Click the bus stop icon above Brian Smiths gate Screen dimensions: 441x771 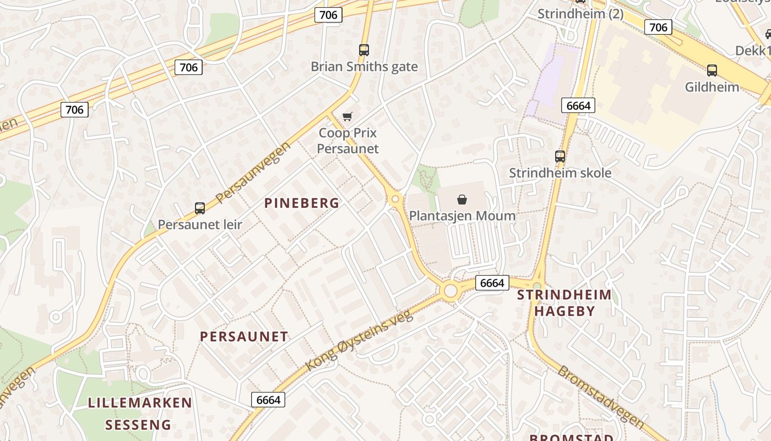[363, 50]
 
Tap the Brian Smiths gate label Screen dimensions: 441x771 [364, 67]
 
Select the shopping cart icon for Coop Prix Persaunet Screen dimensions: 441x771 [347, 116]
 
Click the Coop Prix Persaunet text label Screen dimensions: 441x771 [348, 141]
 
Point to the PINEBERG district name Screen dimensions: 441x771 [302, 203]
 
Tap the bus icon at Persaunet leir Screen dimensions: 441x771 [200, 208]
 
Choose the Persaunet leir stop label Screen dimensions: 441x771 [200, 224]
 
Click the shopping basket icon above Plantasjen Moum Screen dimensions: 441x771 [462, 200]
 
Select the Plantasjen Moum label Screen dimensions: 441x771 [462, 216]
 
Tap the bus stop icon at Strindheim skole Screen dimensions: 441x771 [560, 157]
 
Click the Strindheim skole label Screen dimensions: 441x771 [560, 173]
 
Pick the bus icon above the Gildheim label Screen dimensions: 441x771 [712, 71]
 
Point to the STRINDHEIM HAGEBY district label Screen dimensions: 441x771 [564, 303]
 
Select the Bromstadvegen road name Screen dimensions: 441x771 [600, 396]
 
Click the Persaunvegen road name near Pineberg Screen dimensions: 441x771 [253, 173]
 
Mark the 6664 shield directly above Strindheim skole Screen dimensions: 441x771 [578, 105]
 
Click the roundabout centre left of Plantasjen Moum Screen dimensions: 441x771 [395, 200]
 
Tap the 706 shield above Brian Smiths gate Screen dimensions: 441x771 [328, 15]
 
